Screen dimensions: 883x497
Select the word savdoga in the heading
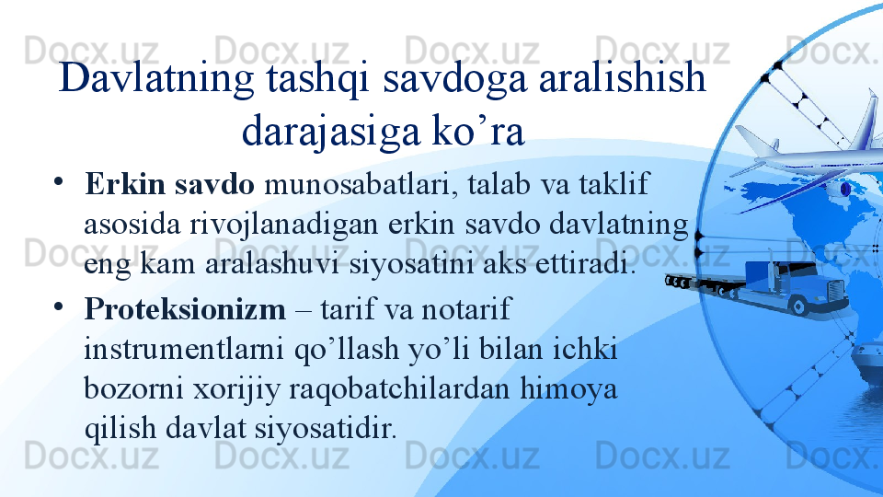455,79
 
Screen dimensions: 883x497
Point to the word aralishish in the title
623,77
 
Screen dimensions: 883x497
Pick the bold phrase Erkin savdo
169,184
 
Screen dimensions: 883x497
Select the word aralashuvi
271,264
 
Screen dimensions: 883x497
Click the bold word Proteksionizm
185,309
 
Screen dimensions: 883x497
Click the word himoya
568,389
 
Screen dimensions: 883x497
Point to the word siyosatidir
326,428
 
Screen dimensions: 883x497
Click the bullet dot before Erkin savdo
59,181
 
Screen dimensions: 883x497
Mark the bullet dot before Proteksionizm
59,307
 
